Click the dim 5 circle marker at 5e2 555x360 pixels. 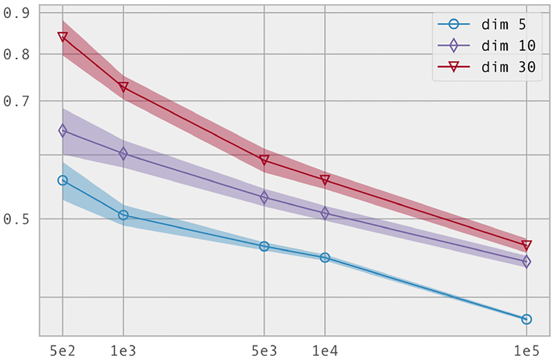tap(62, 180)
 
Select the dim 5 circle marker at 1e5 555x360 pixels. tap(527, 319)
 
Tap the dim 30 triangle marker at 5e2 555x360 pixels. tap(62, 37)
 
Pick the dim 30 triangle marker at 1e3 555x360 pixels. tap(123, 87)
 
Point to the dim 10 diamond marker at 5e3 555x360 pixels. tap(264, 198)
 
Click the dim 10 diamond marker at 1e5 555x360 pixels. tap(527, 262)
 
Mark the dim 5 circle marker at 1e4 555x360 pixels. tap(325, 257)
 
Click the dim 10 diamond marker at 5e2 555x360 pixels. tap(62, 130)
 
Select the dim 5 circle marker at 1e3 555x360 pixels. tap(123, 215)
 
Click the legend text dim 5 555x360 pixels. tap(502, 25)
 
